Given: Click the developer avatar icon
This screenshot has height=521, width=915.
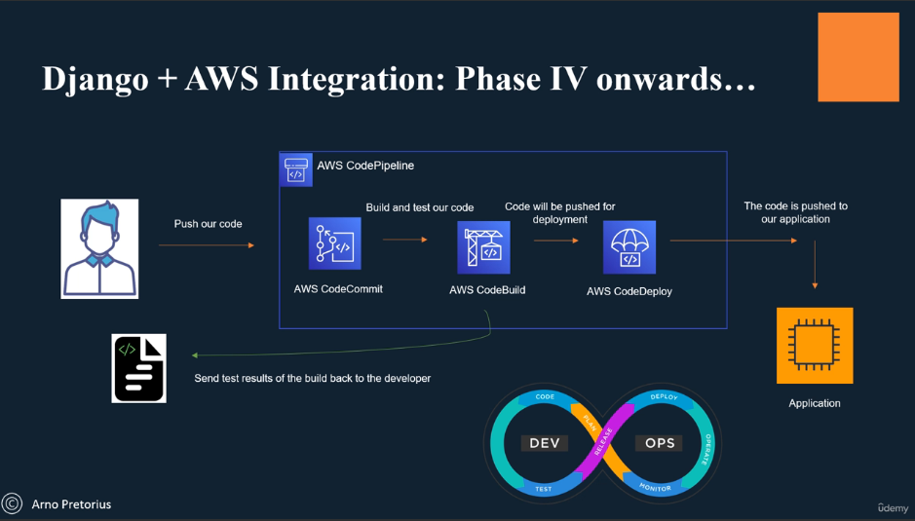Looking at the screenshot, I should pyautogui.click(x=99, y=248).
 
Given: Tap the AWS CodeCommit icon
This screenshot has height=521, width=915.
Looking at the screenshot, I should pyautogui.click(x=335, y=243).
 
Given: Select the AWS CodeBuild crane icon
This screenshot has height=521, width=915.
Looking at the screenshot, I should pyautogui.click(x=483, y=247).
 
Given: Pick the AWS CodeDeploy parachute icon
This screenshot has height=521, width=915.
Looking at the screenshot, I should pyautogui.click(x=629, y=248).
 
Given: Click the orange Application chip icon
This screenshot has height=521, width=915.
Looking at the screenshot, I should pyautogui.click(x=815, y=346).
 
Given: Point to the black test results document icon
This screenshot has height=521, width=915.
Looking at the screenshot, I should pyautogui.click(x=139, y=368).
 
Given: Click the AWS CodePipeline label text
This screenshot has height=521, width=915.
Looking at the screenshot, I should pyautogui.click(x=365, y=166).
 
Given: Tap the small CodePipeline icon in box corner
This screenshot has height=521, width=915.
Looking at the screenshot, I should pyautogui.click(x=296, y=170).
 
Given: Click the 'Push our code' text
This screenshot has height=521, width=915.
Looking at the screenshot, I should pyautogui.click(x=208, y=224).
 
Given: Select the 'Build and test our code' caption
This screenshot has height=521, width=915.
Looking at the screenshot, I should pyautogui.click(x=420, y=207).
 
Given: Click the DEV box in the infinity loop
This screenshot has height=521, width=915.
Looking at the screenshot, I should pyautogui.click(x=544, y=443).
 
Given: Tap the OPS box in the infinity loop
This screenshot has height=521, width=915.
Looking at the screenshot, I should pyautogui.click(x=660, y=443).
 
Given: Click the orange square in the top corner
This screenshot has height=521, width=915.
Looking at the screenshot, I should pyautogui.click(x=858, y=57).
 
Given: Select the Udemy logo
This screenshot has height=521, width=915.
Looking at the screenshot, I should pyautogui.click(x=893, y=507).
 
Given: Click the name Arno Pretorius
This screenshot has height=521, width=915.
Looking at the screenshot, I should pyautogui.click(x=71, y=504).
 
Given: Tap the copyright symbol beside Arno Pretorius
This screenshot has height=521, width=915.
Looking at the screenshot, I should pyautogui.click(x=13, y=503).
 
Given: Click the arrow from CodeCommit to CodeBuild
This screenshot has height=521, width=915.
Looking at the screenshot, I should pyautogui.click(x=405, y=240).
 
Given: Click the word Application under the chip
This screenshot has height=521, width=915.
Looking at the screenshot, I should pyautogui.click(x=815, y=403).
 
